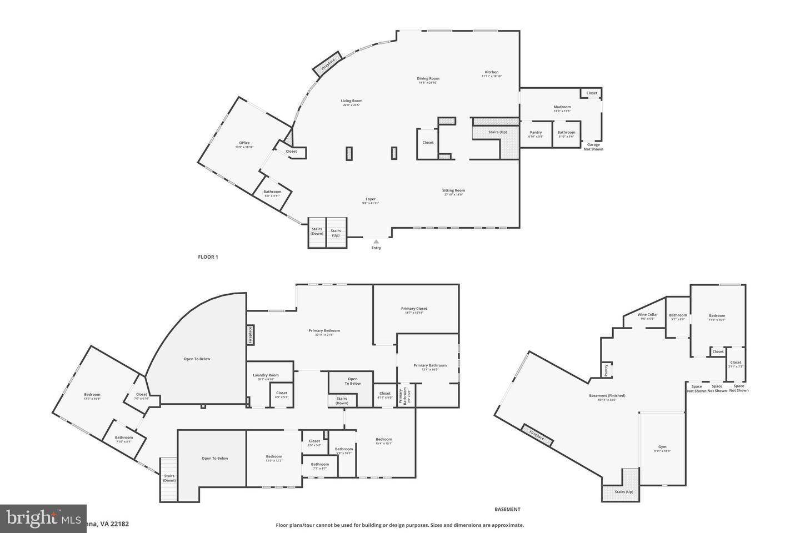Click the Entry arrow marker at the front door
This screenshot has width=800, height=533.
coord(376,242)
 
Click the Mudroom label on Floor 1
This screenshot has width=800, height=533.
coord(562,107)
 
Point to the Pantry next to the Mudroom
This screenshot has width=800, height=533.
coord(536,133)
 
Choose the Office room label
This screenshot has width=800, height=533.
coord(244,143)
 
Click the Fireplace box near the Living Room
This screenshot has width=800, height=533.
coord(328,64)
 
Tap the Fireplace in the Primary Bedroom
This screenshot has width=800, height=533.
coord(250,335)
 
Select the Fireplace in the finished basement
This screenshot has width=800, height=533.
coord(537,435)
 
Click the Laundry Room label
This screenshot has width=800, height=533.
coord(266,375)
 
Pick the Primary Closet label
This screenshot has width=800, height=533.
coord(414,309)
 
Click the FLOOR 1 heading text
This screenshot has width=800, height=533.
coord(208,257)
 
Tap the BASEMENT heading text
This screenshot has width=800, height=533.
coord(507,509)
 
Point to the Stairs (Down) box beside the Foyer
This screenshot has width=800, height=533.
coord(317,232)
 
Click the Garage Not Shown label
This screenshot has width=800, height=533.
coord(593,147)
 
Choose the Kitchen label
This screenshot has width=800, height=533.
coord(492,72)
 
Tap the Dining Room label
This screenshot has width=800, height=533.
coord(428,79)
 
